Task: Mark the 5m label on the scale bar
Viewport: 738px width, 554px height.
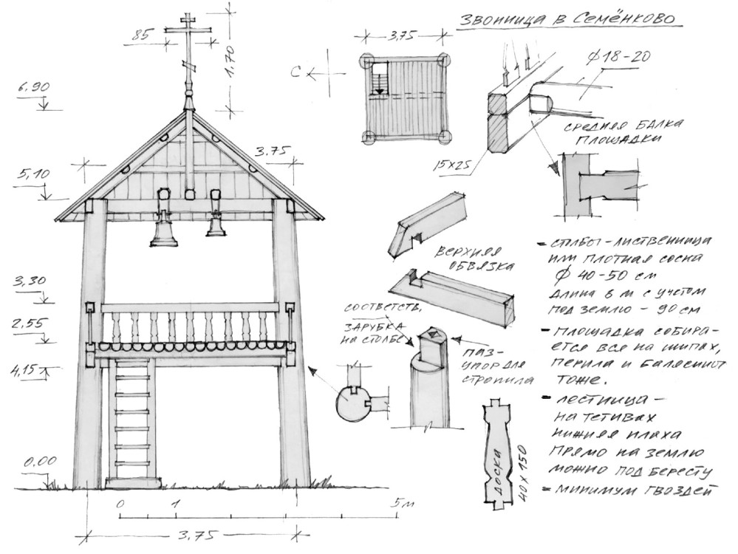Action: tap(400, 503)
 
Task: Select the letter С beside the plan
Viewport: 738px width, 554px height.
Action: tap(315, 73)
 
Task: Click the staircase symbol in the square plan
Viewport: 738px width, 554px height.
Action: tap(380, 78)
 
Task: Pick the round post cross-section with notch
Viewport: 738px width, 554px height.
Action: tap(352, 403)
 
